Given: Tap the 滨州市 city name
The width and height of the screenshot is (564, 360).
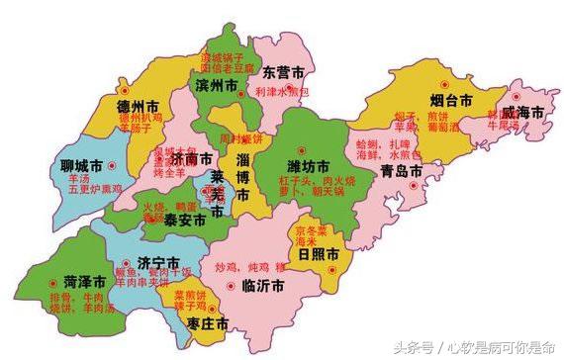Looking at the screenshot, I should (x=216, y=88).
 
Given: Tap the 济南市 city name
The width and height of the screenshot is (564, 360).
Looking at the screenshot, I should (x=191, y=158).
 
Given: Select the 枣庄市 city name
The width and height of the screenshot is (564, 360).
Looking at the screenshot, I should (x=210, y=324).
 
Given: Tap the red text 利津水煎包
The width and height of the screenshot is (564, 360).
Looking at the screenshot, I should (x=288, y=91).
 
